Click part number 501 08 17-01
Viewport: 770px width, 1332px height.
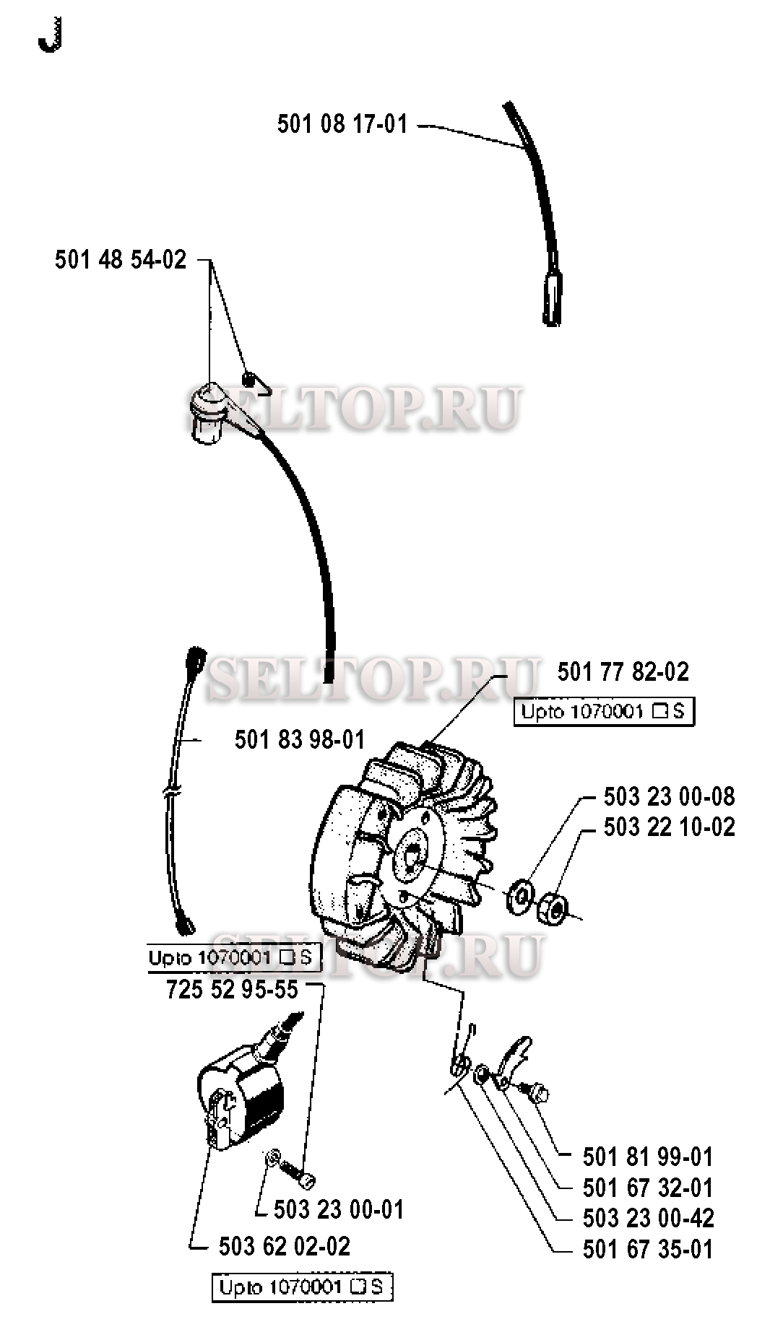[342, 124]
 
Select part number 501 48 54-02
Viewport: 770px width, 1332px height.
[121, 259]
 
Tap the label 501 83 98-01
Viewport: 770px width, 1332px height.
[300, 739]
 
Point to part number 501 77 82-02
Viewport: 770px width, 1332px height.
[623, 672]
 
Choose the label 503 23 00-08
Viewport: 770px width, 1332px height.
[669, 796]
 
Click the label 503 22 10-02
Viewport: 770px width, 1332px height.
[669, 827]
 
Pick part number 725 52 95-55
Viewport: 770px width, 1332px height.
[232, 989]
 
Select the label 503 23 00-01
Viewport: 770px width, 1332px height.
[339, 1209]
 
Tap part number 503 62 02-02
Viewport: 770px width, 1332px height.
[284, 1246]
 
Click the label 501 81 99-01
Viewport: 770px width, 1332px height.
[647, 1157]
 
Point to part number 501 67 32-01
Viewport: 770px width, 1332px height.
[647, 1188]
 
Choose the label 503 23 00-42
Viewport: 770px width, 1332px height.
[647, 1218]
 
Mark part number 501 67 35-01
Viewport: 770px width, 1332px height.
[647, 1249]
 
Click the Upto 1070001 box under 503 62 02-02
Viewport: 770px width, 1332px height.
[302, 1287]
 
